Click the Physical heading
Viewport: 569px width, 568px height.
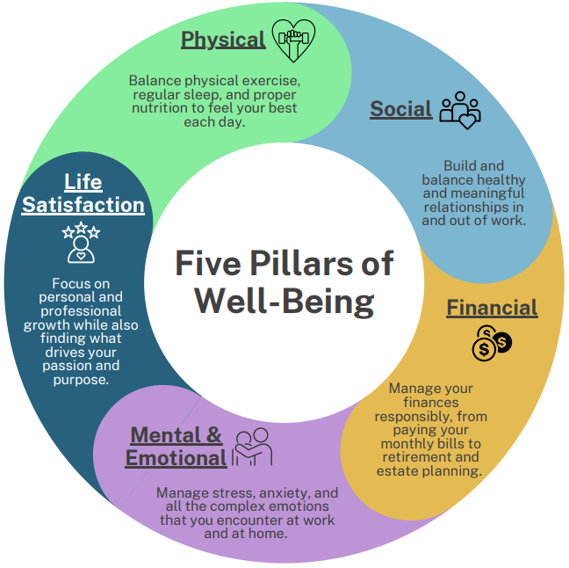pos(223,40)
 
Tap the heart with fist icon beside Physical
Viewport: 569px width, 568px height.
pos(293,39)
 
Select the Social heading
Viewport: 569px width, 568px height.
pos(400,109)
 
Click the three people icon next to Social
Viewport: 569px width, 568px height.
pos(460,110)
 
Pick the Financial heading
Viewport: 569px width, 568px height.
pos(492,308)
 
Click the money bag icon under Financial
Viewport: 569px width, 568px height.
pos(491,343)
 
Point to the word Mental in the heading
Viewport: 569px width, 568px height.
pos(164,435)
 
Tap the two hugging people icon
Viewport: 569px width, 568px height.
pos(252,447)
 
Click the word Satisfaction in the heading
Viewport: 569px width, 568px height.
pos(83,205)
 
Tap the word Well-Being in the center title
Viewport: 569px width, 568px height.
pos(284,301)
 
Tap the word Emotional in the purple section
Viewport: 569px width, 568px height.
pos(176,458)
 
